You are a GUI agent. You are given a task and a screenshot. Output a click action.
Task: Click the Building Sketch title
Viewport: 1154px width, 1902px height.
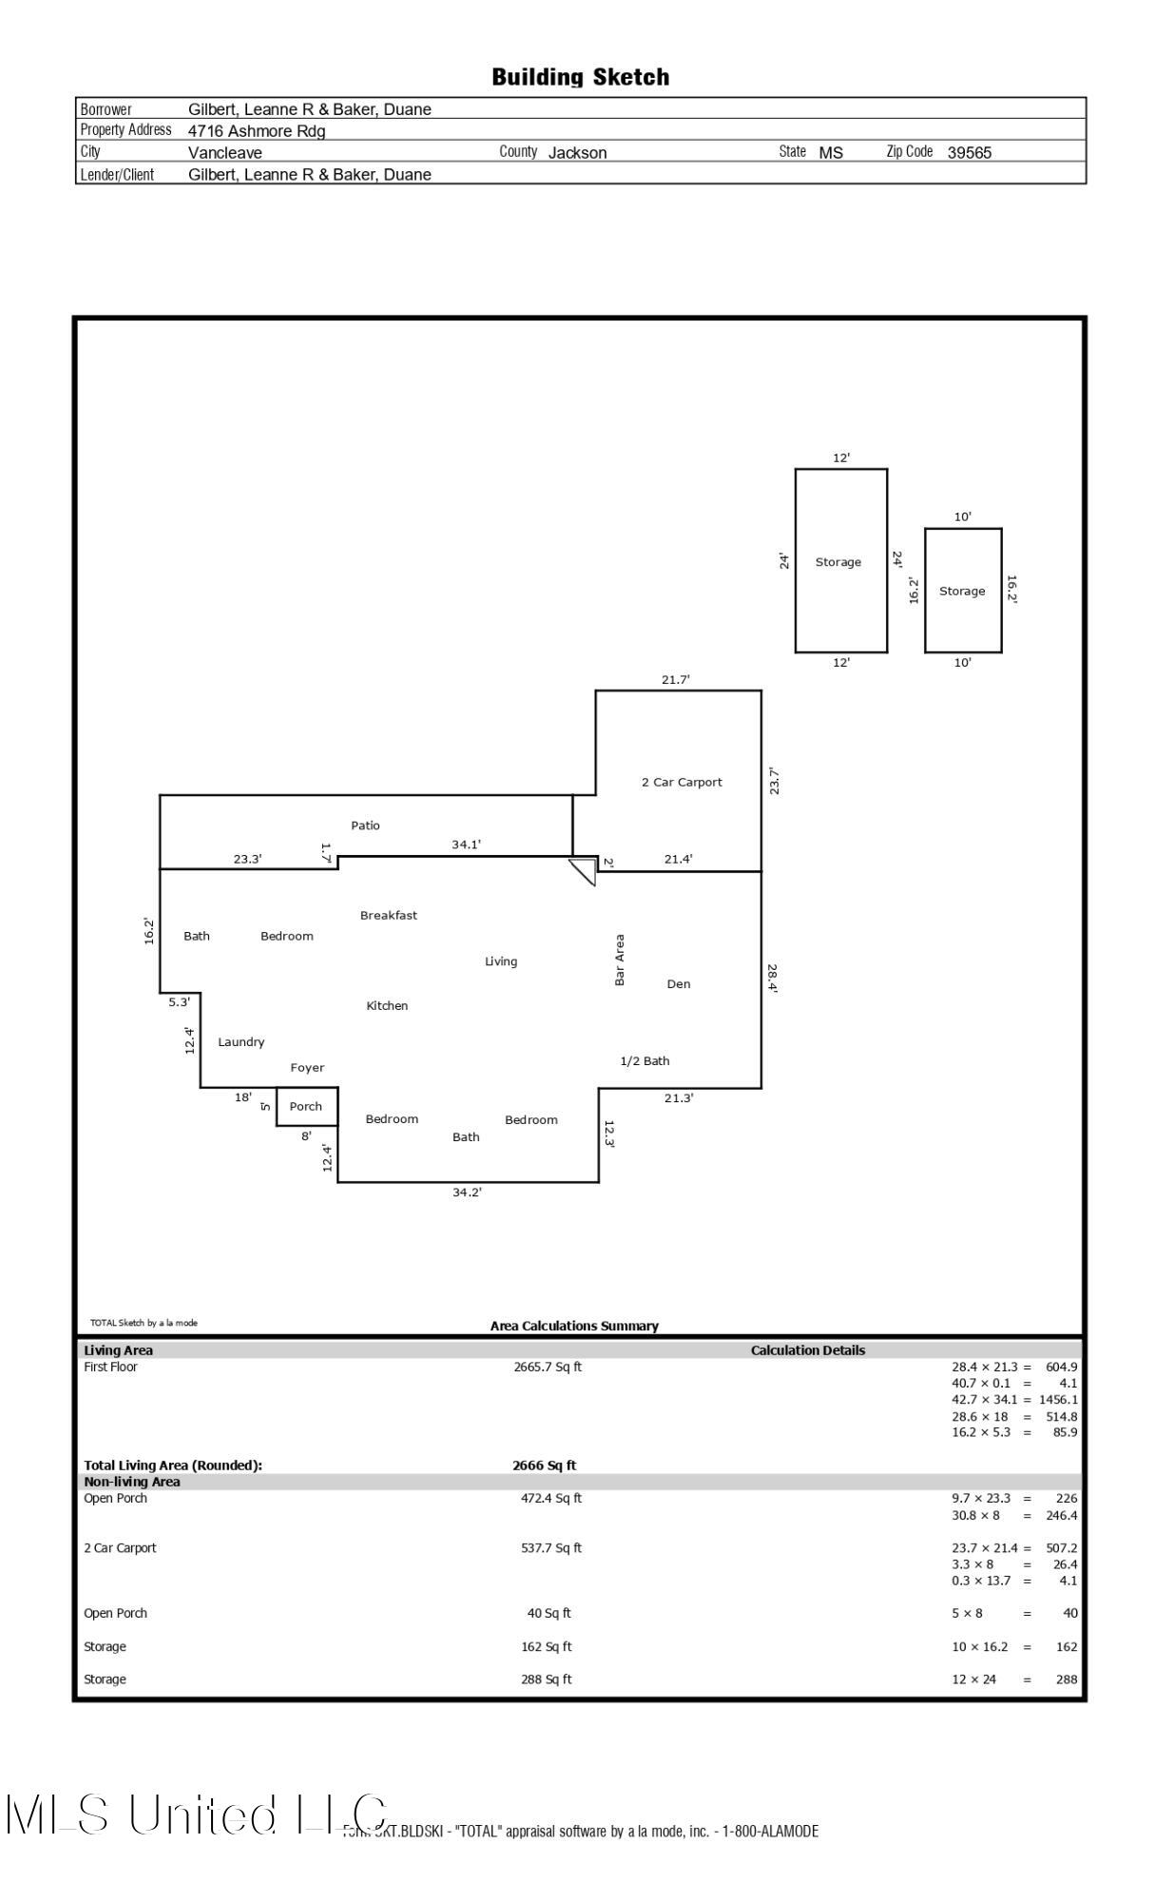point(580,77)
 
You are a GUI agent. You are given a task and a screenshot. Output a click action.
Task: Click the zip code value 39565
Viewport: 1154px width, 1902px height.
point(969,152)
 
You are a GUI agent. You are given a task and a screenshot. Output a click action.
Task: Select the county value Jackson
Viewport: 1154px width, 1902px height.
point(577,152)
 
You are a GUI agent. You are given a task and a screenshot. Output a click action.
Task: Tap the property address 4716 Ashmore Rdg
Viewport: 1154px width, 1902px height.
point(257,131)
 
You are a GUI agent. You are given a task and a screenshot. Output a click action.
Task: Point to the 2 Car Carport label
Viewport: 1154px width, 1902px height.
point(682,782)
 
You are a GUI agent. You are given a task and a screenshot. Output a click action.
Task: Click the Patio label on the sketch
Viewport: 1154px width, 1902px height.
point(365,825)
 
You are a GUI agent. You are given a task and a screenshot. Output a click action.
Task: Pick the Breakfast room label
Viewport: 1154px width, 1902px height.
point(388,915)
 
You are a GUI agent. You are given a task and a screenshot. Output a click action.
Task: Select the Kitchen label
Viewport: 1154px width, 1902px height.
point(387,1005)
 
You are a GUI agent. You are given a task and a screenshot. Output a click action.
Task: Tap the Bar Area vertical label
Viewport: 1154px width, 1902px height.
point(620,960)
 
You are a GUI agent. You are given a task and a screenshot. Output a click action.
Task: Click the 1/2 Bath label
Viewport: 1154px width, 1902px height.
point(644,1060)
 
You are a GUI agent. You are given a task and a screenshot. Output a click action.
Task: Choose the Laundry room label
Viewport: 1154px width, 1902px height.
point(240,1041)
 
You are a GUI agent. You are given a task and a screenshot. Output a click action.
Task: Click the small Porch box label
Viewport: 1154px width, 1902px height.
point(305,1106)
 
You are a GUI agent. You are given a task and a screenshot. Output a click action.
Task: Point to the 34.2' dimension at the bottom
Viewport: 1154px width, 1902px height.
point(467,1193)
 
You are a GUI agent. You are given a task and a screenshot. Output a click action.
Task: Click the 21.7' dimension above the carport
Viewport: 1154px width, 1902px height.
point(676,680)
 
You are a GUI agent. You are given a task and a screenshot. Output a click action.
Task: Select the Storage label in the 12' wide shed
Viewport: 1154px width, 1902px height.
point(837,562)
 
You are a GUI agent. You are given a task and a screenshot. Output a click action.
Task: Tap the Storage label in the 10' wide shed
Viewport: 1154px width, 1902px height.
point(962,591)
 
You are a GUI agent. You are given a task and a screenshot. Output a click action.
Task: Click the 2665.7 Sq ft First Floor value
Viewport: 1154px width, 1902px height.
point(548,1367)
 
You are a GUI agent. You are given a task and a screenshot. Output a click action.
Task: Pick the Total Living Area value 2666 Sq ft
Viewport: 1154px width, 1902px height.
point(544,1465)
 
